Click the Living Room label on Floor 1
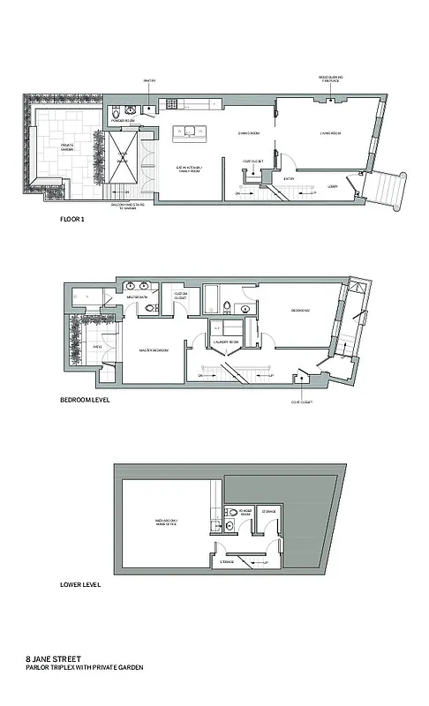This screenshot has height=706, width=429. (330, 134)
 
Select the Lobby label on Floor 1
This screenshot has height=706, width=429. (332, 187)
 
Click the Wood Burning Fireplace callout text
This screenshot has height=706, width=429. (332, 79)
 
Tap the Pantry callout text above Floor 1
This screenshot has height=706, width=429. (149, 81)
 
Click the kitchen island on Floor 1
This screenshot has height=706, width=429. (190, 133)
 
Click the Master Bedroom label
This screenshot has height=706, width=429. (154, 350)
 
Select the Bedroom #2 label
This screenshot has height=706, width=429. (302, 311)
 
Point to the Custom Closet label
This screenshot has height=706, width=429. (180, 296)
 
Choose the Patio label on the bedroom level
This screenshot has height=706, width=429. (74, 347)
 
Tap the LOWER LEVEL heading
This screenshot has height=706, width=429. (78, 584)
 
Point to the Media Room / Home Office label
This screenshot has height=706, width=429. (165, 522)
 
